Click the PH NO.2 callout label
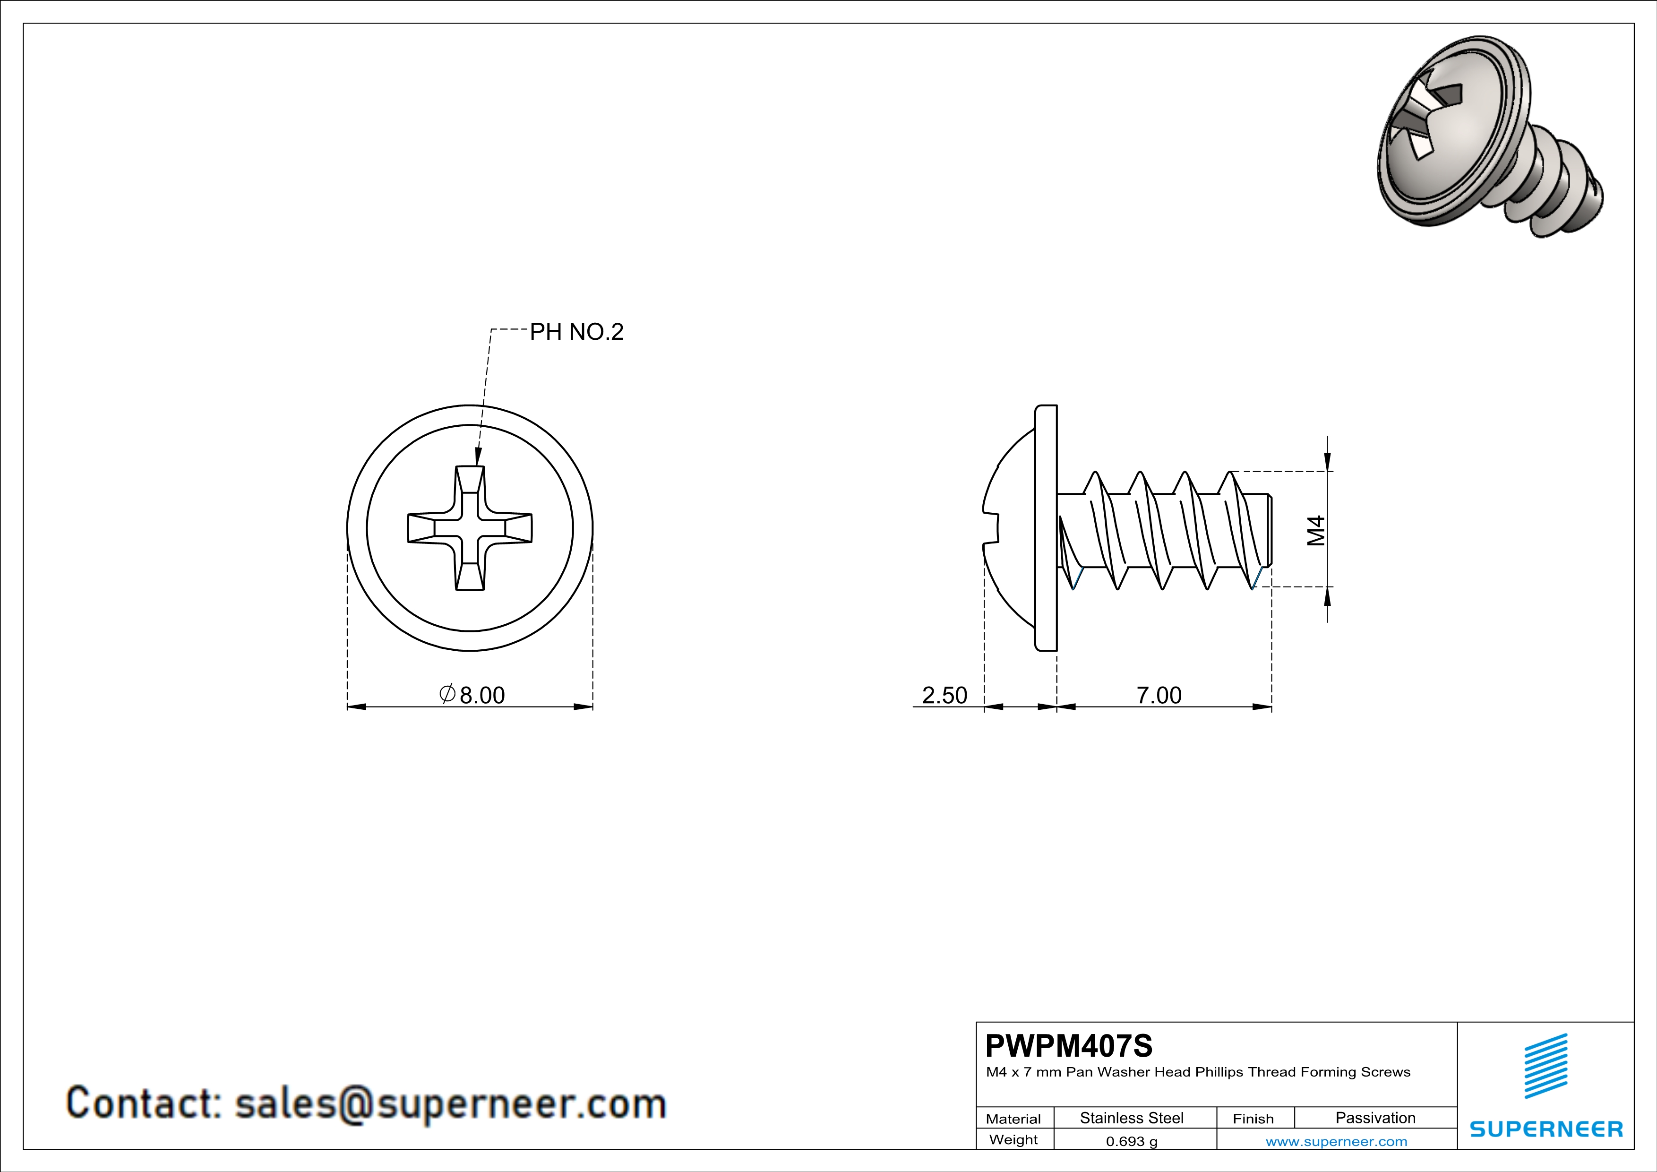pyautogui.click(x=576, y=332)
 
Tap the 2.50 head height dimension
pyautogui.click(x=944, y=695)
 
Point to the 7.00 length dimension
pyautogui.click(x=1159, y=695)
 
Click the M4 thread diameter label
pyautogui.click(x=1316, y=530)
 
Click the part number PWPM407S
pyautogui.click(x=1069, y=1046)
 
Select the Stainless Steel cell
pyautogui.click(x=1132, y=1118)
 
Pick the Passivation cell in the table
pyautogui.click(x=1375, y=1118)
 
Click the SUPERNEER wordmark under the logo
pyautogui.click(x=1546, y=1129)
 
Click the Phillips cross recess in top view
pyautogui.click(x=470, y=528)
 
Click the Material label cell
pyautogui.click(x=1013, y=1119)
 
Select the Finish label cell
pyautogui.click(x=1253, y=1119)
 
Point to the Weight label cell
pyautogui.click(x=1013, y=1139)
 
